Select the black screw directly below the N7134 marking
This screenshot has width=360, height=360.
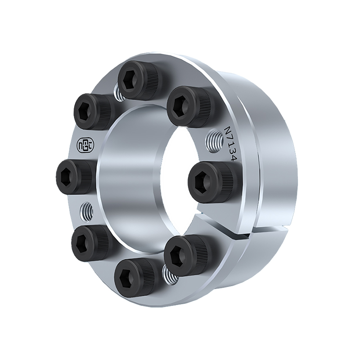(x=210, y=181)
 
